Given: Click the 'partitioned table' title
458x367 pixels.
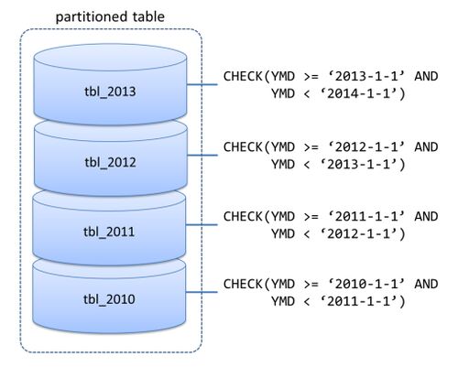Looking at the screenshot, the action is tap(110, 16).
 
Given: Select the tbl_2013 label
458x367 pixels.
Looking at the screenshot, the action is tap(110, 92).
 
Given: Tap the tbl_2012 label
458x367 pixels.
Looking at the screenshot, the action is tap(110, 162).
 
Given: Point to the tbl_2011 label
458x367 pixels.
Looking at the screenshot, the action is tap(109, 232).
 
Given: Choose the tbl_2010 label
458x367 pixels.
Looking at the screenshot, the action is tap(109, 299).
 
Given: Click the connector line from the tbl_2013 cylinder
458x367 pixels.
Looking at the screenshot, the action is tap(202, 84).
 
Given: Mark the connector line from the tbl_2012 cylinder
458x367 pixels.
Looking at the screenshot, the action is tap(202, 155).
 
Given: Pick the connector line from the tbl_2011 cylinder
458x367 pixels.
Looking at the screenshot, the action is tap(202, 225).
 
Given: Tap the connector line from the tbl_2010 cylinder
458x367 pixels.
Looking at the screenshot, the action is tap(202, 292).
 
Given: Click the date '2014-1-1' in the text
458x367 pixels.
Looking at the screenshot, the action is tap(364, 93).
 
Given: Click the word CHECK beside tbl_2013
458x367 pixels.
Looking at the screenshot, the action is tap(243, 76).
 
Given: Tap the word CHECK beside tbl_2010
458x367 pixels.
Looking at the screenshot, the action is tap(243, 284).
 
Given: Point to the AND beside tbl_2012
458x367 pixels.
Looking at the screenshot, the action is tap(426, 147).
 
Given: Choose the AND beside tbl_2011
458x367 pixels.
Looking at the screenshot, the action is tap(426, 217).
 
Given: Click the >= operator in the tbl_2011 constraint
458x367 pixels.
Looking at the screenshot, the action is tap(311, 217).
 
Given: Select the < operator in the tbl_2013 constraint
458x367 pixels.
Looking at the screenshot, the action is tap(307, 94).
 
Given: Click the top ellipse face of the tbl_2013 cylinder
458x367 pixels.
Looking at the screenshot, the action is tap(110, 58).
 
